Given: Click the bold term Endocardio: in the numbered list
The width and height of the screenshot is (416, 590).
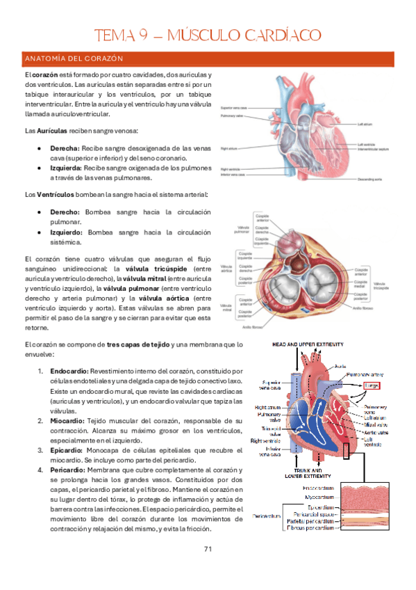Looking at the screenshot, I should [x=67, y=372].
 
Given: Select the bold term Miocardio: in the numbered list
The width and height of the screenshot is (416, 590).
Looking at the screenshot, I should [x=66, y=421].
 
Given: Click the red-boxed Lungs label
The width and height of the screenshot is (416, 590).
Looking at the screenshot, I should [x=372, y=384].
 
